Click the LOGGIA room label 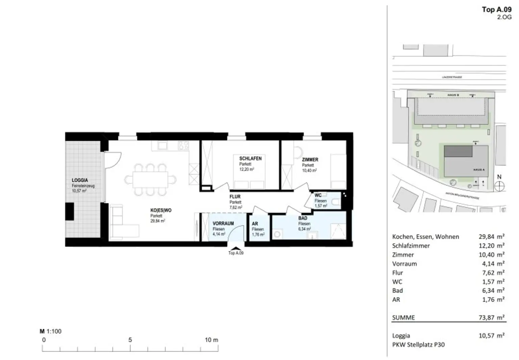pyautogui.click(x=80, y=180)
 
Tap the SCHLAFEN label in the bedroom pyautogui.click(x=250, y=158)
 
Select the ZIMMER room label pyautogui.click(x=310, y=160)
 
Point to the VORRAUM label pyautogui.click(x=223, y=224)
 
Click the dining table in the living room pyautogui.click(x=150, y=180)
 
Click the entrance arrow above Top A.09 pyautogui.click(x=236, y=248)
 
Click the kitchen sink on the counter pyautogui.click(x=163, y=146)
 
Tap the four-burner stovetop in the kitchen pyautogui.click(x=183, y=146)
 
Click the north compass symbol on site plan pyautogui.click(x=499, y=185)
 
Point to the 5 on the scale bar pyautogui.click(x=130, y=340)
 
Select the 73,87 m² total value pyautogui.click(x=491, y=317)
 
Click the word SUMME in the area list pyautogui.click(x=403, y=317)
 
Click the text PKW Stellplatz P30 pyautogui.click(x=418, y=344)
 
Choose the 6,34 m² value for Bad pyautogui.click(x=491, y=290)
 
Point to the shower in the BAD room pyautogui.click(x=338, y=232)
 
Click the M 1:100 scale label pyautogui.click(x=51, y=331)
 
